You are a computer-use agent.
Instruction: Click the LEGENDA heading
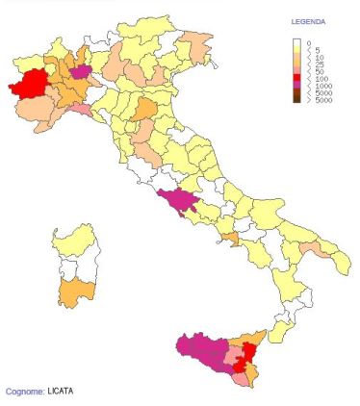pyautogui.click(x=308, y=20)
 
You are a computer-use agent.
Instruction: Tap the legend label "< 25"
pyautogui.click(x=311, y=64)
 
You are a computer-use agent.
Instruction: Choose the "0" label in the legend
pyautogui.click(x=308, y=42)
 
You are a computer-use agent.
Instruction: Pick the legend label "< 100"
pyautogui.click(x=312, y=79)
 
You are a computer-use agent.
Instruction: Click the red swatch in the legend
pyautogui.click(x=297, y=79)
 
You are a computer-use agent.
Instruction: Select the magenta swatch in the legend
pyautogui.click(x=297, y=86)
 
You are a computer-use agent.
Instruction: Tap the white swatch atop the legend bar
pyautogui.click(x=297, y=42)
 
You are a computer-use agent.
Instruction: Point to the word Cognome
pyautogui.click(x=23, y=392)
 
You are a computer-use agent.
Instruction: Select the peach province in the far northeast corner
pyautogui.click(x=197, y=40)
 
